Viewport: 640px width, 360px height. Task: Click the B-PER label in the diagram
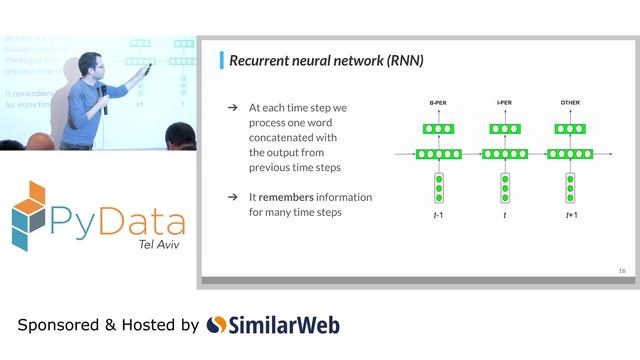(x=438, y=103)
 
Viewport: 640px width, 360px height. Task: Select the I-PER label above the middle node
(x=505, y=103)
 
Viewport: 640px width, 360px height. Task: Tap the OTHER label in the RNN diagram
(x=571, y=103)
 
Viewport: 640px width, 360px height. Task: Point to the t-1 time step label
(x=438, y=214)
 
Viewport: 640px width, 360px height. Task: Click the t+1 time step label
(x=571, y=214)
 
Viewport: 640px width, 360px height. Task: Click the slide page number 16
(x=621, y=271)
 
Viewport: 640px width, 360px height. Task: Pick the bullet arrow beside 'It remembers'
(x=232, y=197)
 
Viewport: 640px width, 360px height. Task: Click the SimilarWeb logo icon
(x=217, y=325)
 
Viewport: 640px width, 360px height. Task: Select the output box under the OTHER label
(x=571, y=129)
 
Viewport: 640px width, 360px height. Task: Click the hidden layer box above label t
(x=505, y=154)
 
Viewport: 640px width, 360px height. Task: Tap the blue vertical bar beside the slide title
(x=221, y=61)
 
